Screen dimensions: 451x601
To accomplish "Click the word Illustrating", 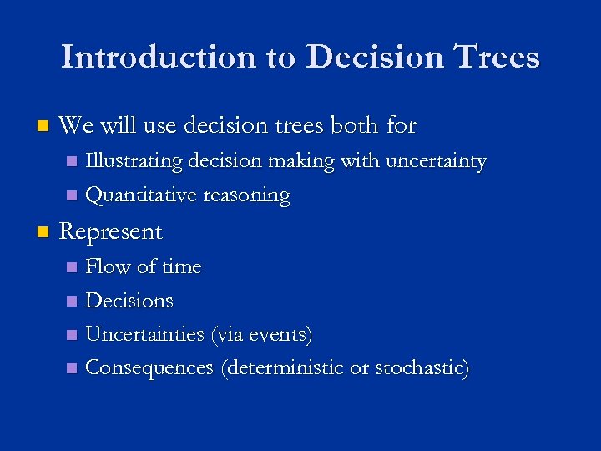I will point(134,161).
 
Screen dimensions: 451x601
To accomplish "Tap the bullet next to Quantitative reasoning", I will point(72,196).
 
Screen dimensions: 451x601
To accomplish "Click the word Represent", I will point(111,232).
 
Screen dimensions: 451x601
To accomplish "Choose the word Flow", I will point(108,266).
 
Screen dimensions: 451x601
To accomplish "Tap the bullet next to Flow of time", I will point(72,267).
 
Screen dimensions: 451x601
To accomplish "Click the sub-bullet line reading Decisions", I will point(129,301).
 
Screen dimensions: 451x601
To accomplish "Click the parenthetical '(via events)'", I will point(262,335).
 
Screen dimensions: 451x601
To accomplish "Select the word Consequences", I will point(149,368).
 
